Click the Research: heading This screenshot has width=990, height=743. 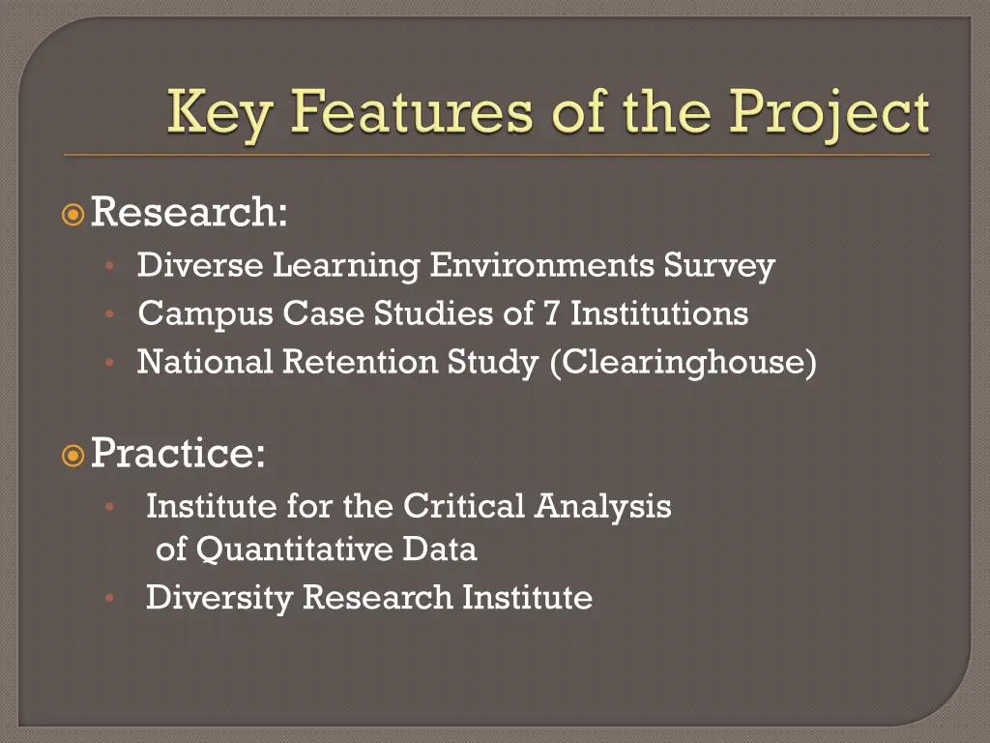tap(189, 212)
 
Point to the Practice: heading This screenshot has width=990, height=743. tap(178, 453)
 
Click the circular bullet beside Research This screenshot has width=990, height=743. tap(73, 213)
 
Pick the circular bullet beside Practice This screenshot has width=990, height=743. tap(73, 454)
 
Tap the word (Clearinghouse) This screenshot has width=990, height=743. tap(683, 362)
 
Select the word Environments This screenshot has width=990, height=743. tap(543, 264)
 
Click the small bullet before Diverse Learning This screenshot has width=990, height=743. tap(111, 265)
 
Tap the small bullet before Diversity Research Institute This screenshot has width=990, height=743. tap(111, 598)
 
